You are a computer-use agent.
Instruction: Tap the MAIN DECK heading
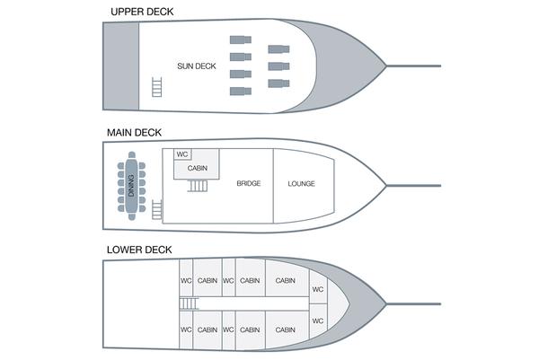click(x=134, y=132)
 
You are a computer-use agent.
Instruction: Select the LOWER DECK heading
click(x=139, y=249)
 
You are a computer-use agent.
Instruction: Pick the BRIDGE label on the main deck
click(x=249, y=184)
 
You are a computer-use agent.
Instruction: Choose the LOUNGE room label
click(x=302, y=184)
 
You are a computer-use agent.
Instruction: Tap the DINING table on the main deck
click(x=131, y=186)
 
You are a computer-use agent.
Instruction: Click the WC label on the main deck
click(x=182, y=154)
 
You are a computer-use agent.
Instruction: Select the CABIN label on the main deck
click(x=199, y=168)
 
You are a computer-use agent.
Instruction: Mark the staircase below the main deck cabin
click(x=198, y=186)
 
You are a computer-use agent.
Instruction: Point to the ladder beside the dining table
click(x=159, y=209)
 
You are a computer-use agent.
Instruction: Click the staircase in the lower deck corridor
click(x=188, y=304)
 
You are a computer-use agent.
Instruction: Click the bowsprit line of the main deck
click(x=415, y=185)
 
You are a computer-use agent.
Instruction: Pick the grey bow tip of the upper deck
click(x=364, y=66)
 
